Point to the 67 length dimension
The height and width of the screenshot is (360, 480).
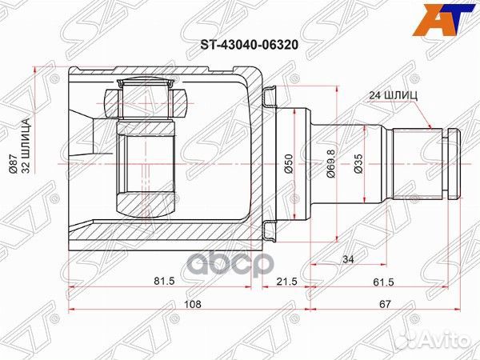pos(384,305)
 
